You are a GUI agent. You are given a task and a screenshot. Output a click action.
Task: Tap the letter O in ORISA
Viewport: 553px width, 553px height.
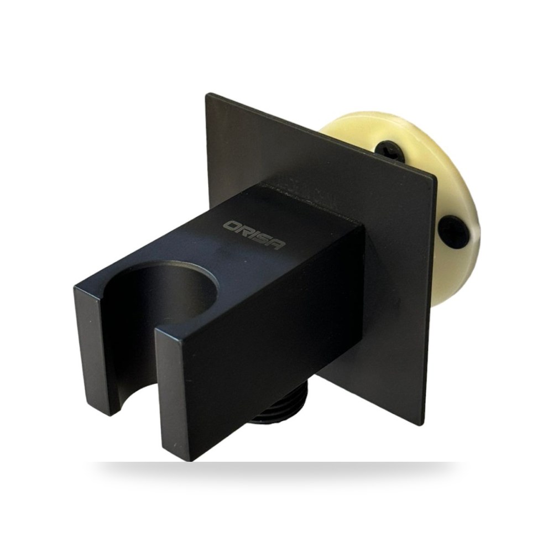[232, 226]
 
